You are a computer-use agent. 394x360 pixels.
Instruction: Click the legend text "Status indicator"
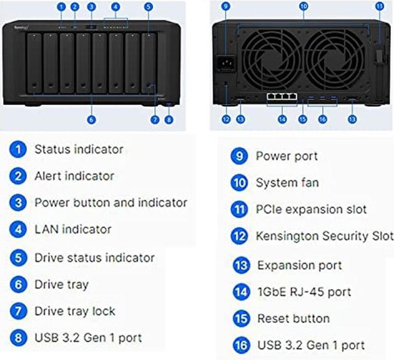click(x=79, y=149)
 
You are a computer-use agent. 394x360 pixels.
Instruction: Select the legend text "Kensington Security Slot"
click(x=325, y=236)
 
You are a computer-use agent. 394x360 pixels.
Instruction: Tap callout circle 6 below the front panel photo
click(x=91, y=119)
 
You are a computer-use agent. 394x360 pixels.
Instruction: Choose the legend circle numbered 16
click(x=241, y=345)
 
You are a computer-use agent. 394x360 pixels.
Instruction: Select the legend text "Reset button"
click(x=293, y=318)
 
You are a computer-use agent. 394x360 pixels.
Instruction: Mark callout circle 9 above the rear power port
click(x=226, y=7)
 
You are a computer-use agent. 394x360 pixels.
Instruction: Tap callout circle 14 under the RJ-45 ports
click(x=282, y=119)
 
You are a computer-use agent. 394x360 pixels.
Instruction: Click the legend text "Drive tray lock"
click(x=75, y=311)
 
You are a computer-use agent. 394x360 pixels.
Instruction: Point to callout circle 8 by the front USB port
click(x=169, y=119)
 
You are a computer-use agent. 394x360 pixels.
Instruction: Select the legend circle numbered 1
click(x=19, y=149)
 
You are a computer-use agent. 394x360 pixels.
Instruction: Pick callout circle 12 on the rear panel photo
click(x=226, y=119)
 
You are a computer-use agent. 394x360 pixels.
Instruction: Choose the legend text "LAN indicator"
click(x=73, y=229)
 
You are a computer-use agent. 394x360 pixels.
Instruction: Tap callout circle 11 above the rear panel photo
click(x=380, y=7)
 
